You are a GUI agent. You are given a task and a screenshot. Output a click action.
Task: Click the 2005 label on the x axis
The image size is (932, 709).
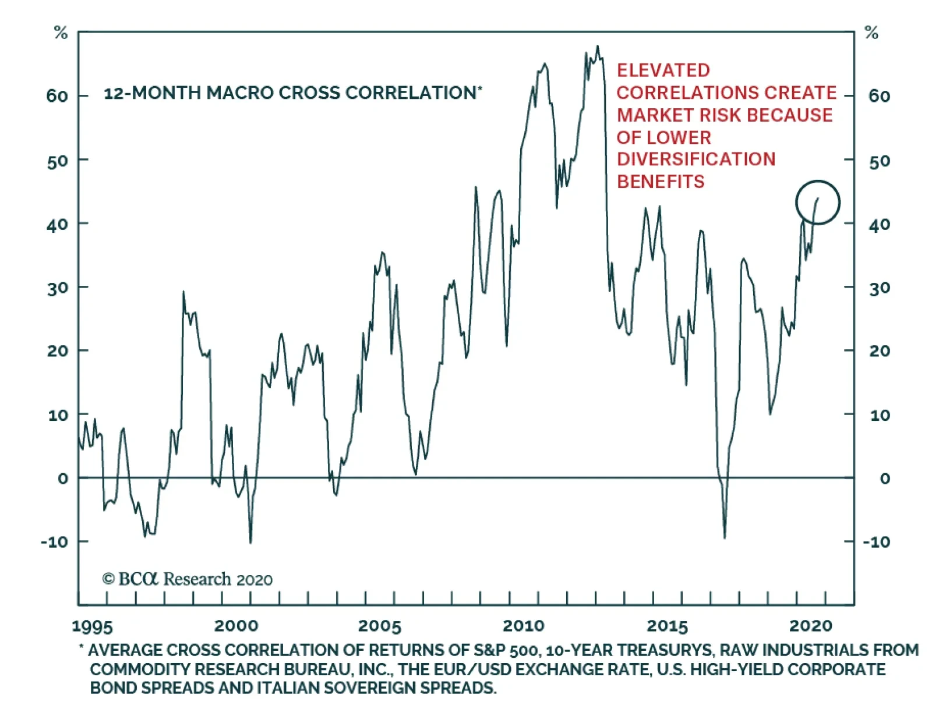coord(379,626)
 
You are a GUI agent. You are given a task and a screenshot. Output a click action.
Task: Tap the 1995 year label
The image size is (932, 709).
coord(92,626)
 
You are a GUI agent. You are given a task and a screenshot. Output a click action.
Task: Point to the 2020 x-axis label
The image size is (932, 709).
coord(810,626)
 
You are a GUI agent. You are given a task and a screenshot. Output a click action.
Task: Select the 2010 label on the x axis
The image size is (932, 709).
coord(523,626)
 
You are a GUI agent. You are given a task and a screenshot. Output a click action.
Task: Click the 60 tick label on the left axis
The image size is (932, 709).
coord(57,96)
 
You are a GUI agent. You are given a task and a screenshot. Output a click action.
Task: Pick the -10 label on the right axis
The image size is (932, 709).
coord(876,542)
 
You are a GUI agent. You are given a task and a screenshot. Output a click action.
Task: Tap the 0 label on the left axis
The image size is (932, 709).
coord(63,478)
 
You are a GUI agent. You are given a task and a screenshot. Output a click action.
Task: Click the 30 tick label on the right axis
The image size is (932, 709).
coord(880,288)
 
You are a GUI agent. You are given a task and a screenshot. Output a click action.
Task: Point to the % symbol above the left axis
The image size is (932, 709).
coord(61,33)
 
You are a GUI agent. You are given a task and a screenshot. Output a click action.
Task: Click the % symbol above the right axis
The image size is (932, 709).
coord(871,33)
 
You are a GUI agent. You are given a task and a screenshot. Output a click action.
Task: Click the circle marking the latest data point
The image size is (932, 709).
coord(818,202)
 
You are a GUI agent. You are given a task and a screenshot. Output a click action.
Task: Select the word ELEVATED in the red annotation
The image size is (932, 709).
coord(663,70)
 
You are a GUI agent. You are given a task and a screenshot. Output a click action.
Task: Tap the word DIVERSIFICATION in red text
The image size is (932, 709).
coord(696,159)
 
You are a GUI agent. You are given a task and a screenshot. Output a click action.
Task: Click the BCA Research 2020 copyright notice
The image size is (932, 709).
coord(187,579)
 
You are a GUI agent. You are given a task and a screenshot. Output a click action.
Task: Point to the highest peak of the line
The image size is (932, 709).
coord(597,47)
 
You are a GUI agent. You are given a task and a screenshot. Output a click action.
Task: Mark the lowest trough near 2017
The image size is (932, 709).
coord(725,537)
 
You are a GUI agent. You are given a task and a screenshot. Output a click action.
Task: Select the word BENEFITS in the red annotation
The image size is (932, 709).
coord(661,182)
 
